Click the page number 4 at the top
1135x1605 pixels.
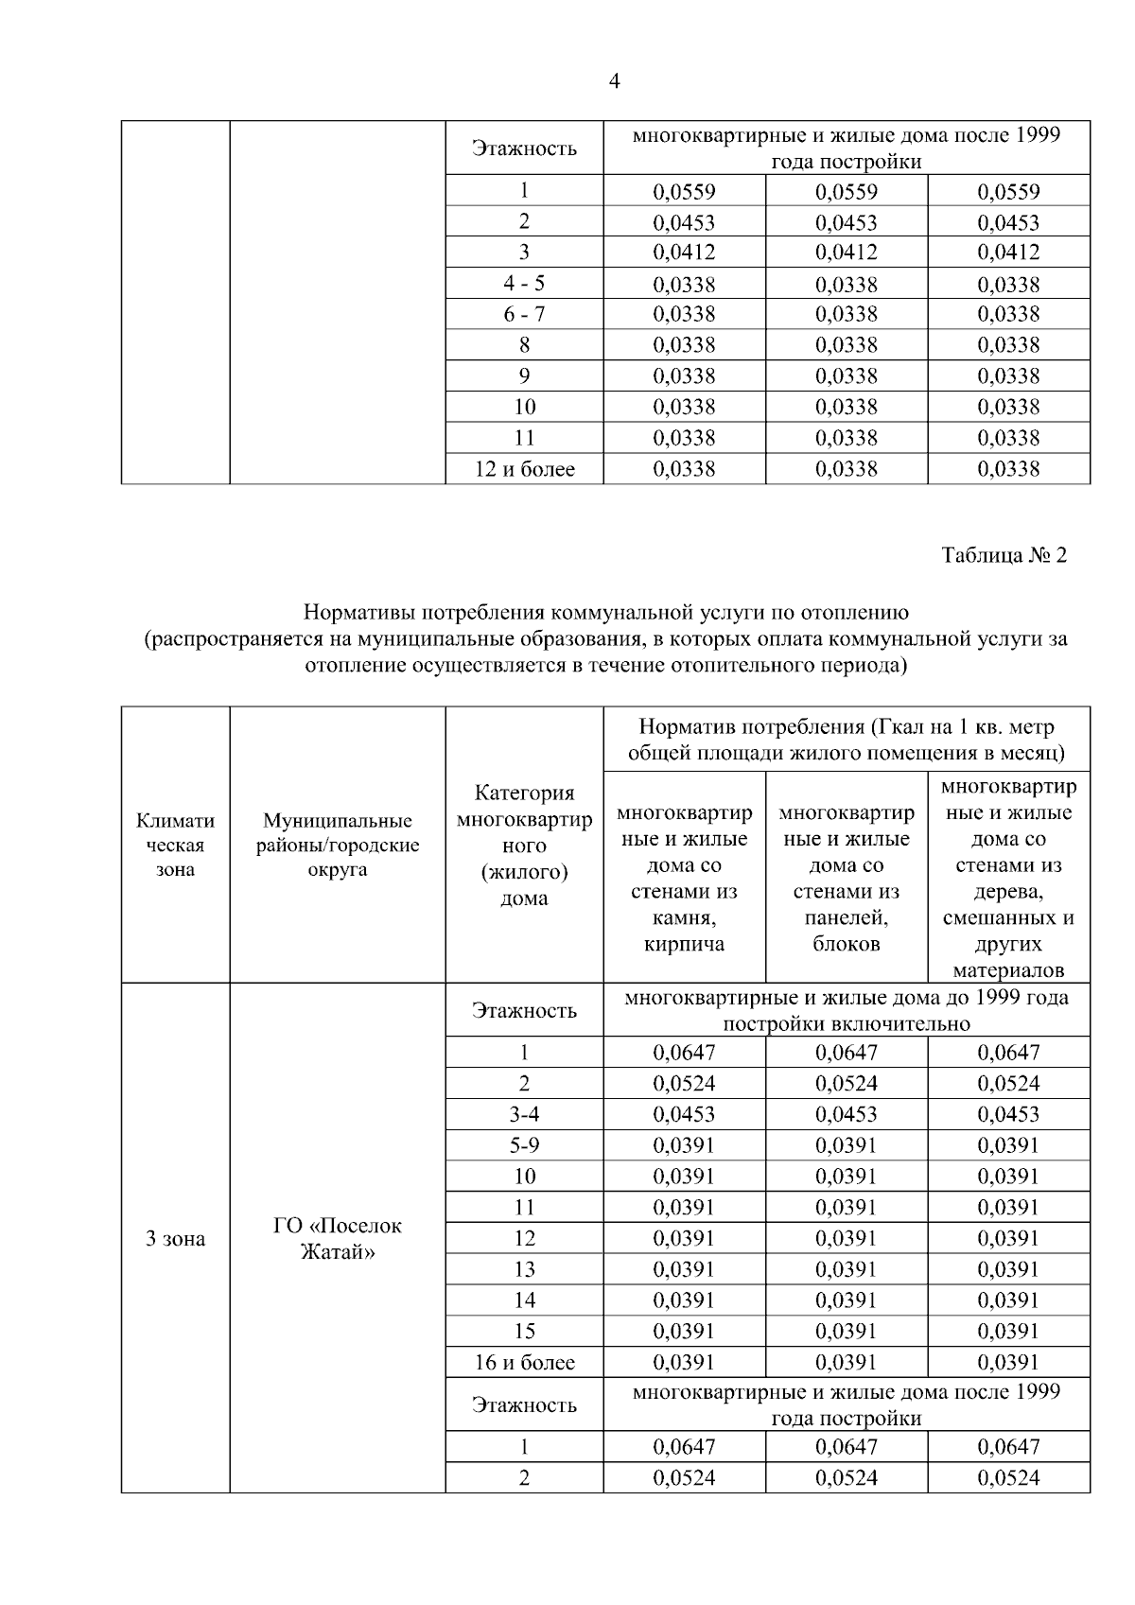[614, 82]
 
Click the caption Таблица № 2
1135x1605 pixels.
[1004, 555]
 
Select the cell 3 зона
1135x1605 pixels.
[175, 1238]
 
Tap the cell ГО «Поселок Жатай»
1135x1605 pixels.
[337, 1239]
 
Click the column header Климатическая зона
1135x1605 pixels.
[175, 845]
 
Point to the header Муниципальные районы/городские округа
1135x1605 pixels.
[337, 845]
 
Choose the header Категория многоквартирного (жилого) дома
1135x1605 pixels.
[524, 845]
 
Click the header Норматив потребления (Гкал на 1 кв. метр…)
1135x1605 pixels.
[846, 740]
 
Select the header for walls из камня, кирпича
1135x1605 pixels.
[684, 878]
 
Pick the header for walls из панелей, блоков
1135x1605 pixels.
[846, 878]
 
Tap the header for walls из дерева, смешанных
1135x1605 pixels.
[1008, 878]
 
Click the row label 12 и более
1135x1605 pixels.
[524, 469]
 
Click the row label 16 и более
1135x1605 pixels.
[524, 1362]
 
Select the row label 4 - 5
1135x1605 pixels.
[524, 284]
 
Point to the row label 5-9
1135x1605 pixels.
[524, 1145]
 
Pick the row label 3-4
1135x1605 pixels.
[524, 1114]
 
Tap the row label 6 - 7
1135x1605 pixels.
[524, 314]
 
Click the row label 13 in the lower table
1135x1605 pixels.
[524, 1269]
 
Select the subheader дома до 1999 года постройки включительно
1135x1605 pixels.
[846, 1010]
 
